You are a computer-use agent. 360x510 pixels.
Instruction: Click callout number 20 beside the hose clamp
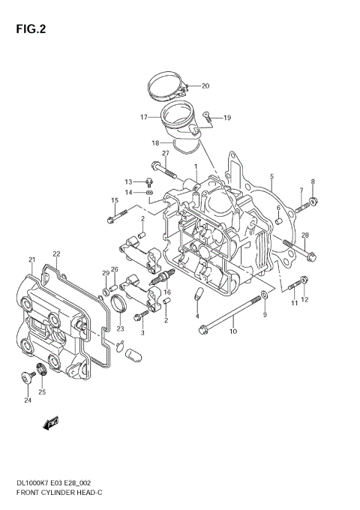click(205, 85)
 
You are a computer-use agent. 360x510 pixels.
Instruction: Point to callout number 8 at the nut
click(313, 181)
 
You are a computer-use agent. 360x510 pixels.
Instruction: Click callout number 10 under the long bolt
click(233, 331)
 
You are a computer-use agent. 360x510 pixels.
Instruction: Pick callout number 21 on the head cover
click(31, 260)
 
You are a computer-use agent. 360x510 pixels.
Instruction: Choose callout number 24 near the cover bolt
click(28, 400)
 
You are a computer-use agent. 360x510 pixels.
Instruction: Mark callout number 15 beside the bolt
click(115, 200)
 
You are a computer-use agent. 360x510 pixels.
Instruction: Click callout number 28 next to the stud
click(305, 235)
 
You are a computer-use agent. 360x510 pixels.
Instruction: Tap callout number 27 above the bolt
click(166, 154)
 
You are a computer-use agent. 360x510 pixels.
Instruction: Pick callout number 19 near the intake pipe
click(226, 118)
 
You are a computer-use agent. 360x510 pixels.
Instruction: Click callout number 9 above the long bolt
click(264, 315)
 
